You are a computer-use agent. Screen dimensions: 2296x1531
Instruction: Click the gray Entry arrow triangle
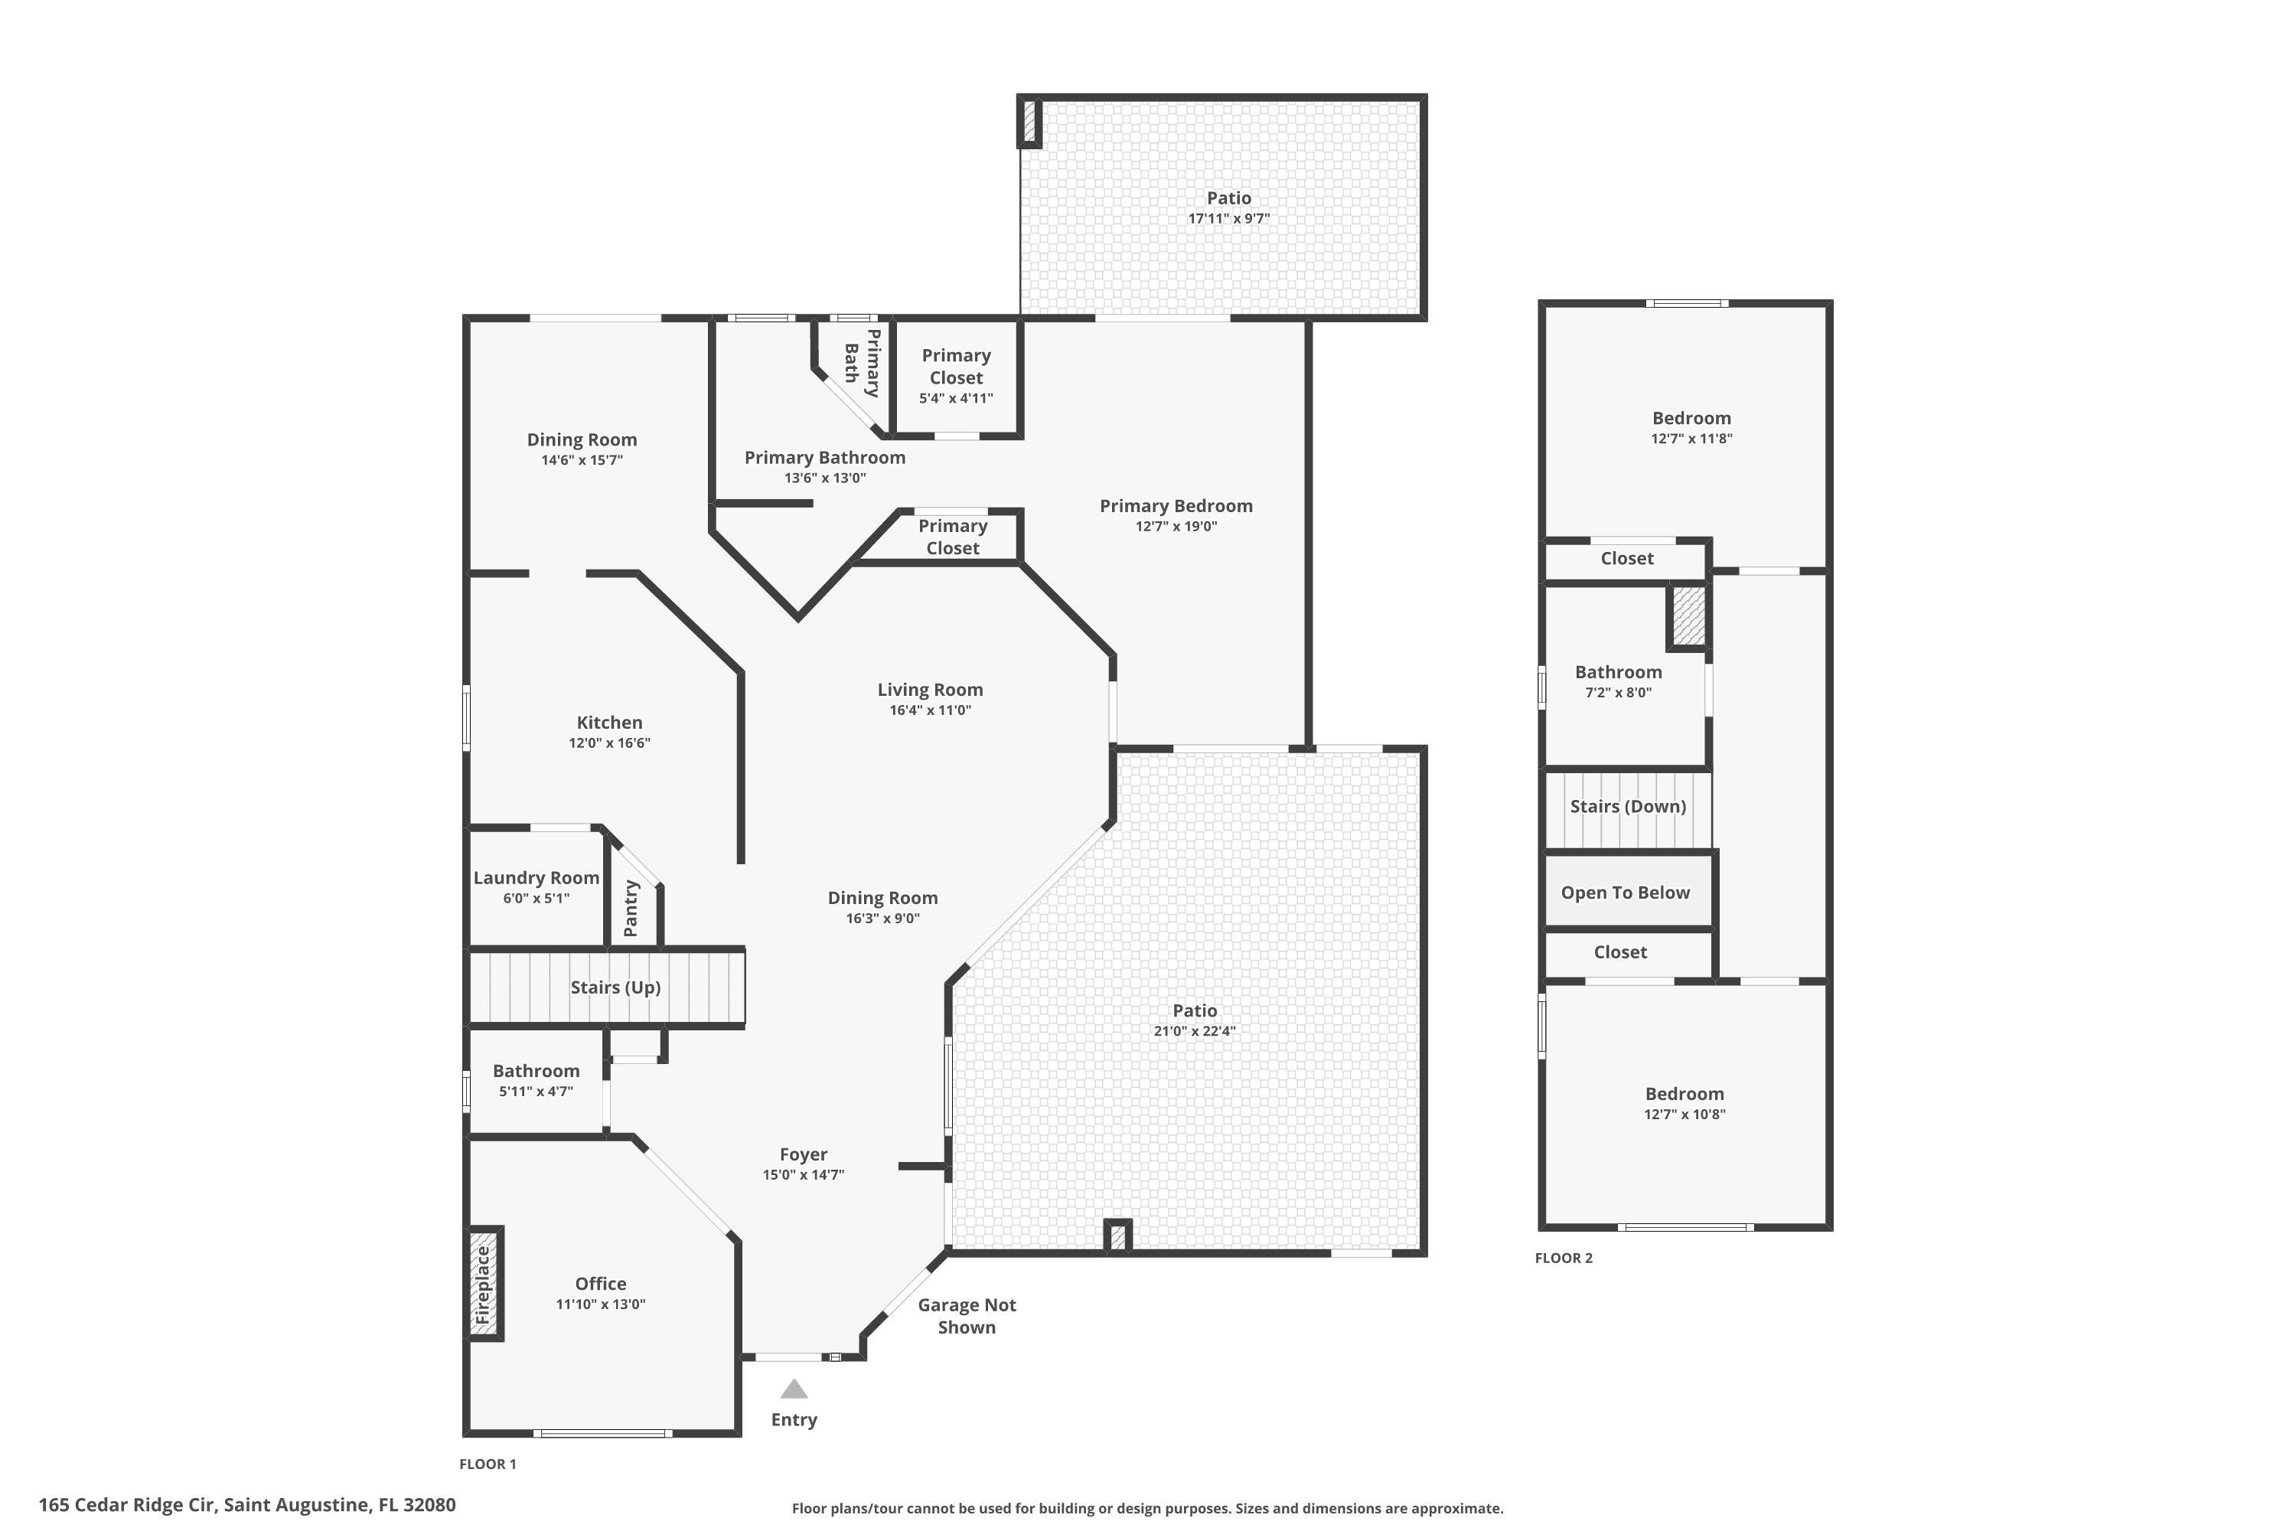click(794, 1389)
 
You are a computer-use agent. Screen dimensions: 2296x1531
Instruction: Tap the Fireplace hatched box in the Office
click(484, 1283)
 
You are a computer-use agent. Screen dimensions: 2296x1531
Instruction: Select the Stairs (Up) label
click(615, 987)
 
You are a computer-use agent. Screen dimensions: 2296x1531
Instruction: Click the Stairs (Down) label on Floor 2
click(1627, 807)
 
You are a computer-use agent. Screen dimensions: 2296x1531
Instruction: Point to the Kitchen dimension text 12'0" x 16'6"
click(609, 743)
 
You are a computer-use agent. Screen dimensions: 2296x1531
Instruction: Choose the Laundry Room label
click(536, 878)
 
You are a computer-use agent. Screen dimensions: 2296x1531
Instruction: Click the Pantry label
click(631, 908)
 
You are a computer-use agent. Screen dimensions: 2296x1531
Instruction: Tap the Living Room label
click(929, 690)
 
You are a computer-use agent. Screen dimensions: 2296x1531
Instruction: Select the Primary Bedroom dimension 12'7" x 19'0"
click(1176, 527)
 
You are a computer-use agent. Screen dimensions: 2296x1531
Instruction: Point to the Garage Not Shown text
click(967, 1315)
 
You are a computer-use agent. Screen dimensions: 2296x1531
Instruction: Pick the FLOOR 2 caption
click(1563, 1258)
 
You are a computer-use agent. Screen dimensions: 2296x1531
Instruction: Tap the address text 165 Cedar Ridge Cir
click(127, 1505)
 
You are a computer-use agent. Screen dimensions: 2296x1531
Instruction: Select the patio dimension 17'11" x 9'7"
click(1228, 219)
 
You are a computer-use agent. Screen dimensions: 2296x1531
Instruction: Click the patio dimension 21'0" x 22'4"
click(1194, 1031)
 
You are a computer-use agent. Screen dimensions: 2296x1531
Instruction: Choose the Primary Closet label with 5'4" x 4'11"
click(956, 376)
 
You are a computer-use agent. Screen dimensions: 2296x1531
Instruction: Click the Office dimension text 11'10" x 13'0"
click(600, 1304)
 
